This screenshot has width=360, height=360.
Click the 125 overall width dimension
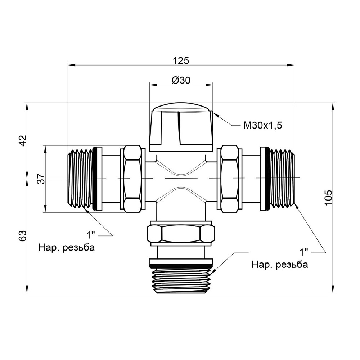181,60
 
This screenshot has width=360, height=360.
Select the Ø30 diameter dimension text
181,81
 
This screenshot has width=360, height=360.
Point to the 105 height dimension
328,198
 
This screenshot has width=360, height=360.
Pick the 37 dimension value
41,179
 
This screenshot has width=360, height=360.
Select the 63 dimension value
22,236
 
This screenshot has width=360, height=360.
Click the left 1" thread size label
90,235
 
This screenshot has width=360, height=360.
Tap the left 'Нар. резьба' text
67,248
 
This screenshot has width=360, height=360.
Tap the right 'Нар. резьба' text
280,265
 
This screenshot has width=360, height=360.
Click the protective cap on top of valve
181,128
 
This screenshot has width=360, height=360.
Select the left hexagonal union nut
132,179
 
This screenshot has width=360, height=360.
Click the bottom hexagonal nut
181,234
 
